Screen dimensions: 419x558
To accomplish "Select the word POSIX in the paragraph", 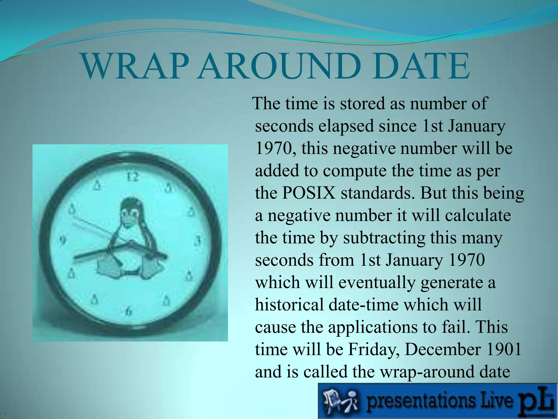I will click(x=308, y=193).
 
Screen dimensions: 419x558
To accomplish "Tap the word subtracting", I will click(x=384, y=238).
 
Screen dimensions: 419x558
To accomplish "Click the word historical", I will click(x=290, y=304).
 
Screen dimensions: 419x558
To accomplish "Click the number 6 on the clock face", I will click(x=129, y=311).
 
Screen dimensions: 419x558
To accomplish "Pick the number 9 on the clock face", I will click(x=63, y=240).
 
